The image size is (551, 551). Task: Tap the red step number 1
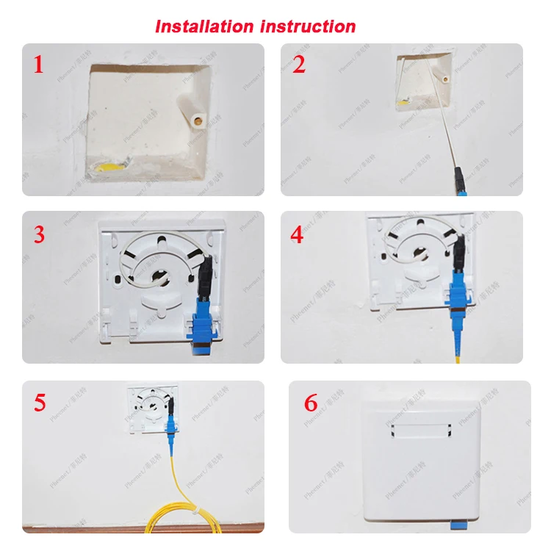pos(38,65)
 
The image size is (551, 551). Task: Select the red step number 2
pos(298,65)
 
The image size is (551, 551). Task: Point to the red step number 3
pos(39,235)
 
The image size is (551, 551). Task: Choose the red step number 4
pos(297,235)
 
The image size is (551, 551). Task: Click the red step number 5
pos(39,403)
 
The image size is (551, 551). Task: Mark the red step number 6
pos(311,403)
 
